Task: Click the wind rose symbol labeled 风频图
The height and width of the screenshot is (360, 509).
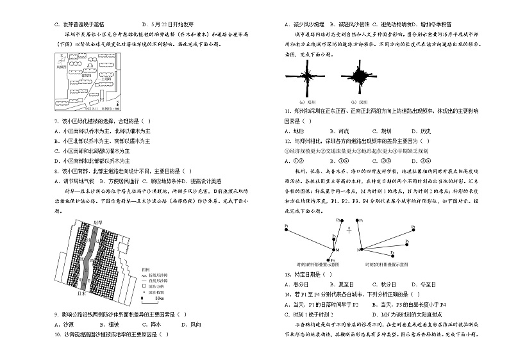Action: [62, 60]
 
